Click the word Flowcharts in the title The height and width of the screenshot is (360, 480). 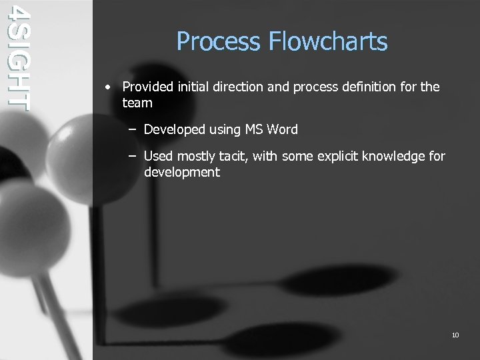click(328, 42)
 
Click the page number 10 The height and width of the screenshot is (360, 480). click(455, 335)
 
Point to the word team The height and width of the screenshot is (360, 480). click(137, 103)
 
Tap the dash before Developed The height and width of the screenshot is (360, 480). click(133, 129)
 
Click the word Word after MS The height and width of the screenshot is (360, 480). click(283, 129)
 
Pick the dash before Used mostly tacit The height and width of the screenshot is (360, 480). click(133, 156)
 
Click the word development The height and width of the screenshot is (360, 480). click(182, 172)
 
